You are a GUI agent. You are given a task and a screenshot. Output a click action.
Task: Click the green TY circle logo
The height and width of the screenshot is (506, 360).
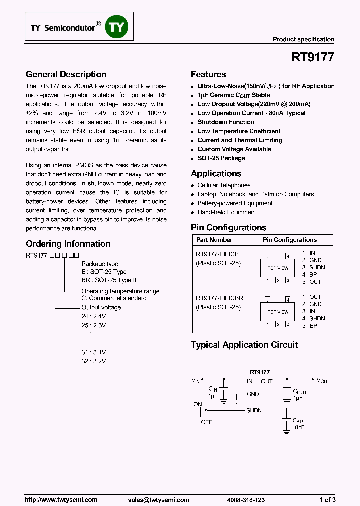pyautogui.click(x=116, y=28)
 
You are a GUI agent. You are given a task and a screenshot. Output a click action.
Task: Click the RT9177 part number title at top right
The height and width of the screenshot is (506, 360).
pyautogui.click(x=313, y=57)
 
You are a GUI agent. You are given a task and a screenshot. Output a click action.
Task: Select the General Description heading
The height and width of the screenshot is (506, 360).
pyautogui.click(x=66, y=74)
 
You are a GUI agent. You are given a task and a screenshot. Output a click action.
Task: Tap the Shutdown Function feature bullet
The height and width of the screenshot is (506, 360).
pyautogui.click(x=226, y=122)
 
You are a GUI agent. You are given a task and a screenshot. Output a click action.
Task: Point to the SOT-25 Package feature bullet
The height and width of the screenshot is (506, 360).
pyautogui.click(x=221, y=158)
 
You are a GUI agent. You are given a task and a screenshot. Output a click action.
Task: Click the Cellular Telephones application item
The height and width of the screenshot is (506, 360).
pyautogui.click(x=224, y=185)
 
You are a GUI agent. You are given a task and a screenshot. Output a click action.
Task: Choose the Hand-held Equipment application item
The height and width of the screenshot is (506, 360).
pyautogui.click(x=227, y=212)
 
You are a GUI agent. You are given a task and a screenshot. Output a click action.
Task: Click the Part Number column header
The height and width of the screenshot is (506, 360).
pyautogui.click(x=214, y=240)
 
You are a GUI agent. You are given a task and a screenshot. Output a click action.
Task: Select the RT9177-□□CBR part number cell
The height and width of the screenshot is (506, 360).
pyautogui.click(x=220, y=298)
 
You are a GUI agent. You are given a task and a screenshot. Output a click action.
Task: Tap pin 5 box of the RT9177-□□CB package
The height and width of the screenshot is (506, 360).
pyautogui.click(x=268, y=256)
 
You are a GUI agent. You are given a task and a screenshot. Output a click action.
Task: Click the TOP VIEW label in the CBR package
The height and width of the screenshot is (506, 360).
pyautogui.click(x=278, y=312)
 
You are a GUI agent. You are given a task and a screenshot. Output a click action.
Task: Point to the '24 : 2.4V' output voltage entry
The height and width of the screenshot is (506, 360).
pyautogui.click(x=93, y=316)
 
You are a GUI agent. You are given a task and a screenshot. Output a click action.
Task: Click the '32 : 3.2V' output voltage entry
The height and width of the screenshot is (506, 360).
pyautogui.click(x=93, y=361)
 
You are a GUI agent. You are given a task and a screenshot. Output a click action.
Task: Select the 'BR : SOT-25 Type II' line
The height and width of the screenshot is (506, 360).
pyautogui.click(x=108, y=280)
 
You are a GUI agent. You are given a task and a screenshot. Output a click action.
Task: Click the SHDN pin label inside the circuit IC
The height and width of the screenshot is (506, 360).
pyautogui.click(x=254, y=410)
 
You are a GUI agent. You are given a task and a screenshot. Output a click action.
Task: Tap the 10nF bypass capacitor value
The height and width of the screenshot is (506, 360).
pyautogui.click(x=298, y=427)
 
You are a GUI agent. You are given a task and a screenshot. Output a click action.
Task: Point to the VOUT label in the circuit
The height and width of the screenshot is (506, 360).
pyautogui.click(x=324, y=380)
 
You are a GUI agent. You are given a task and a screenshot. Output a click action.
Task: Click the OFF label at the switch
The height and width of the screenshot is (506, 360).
pyautogui.click(x=206, y=422)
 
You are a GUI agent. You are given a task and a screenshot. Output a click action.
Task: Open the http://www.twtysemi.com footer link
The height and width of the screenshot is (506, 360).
pyautogui.click(x=61, y=500)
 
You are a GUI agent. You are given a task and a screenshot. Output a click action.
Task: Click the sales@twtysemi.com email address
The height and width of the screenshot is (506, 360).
pyautogui.click(x=159, y=500)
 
